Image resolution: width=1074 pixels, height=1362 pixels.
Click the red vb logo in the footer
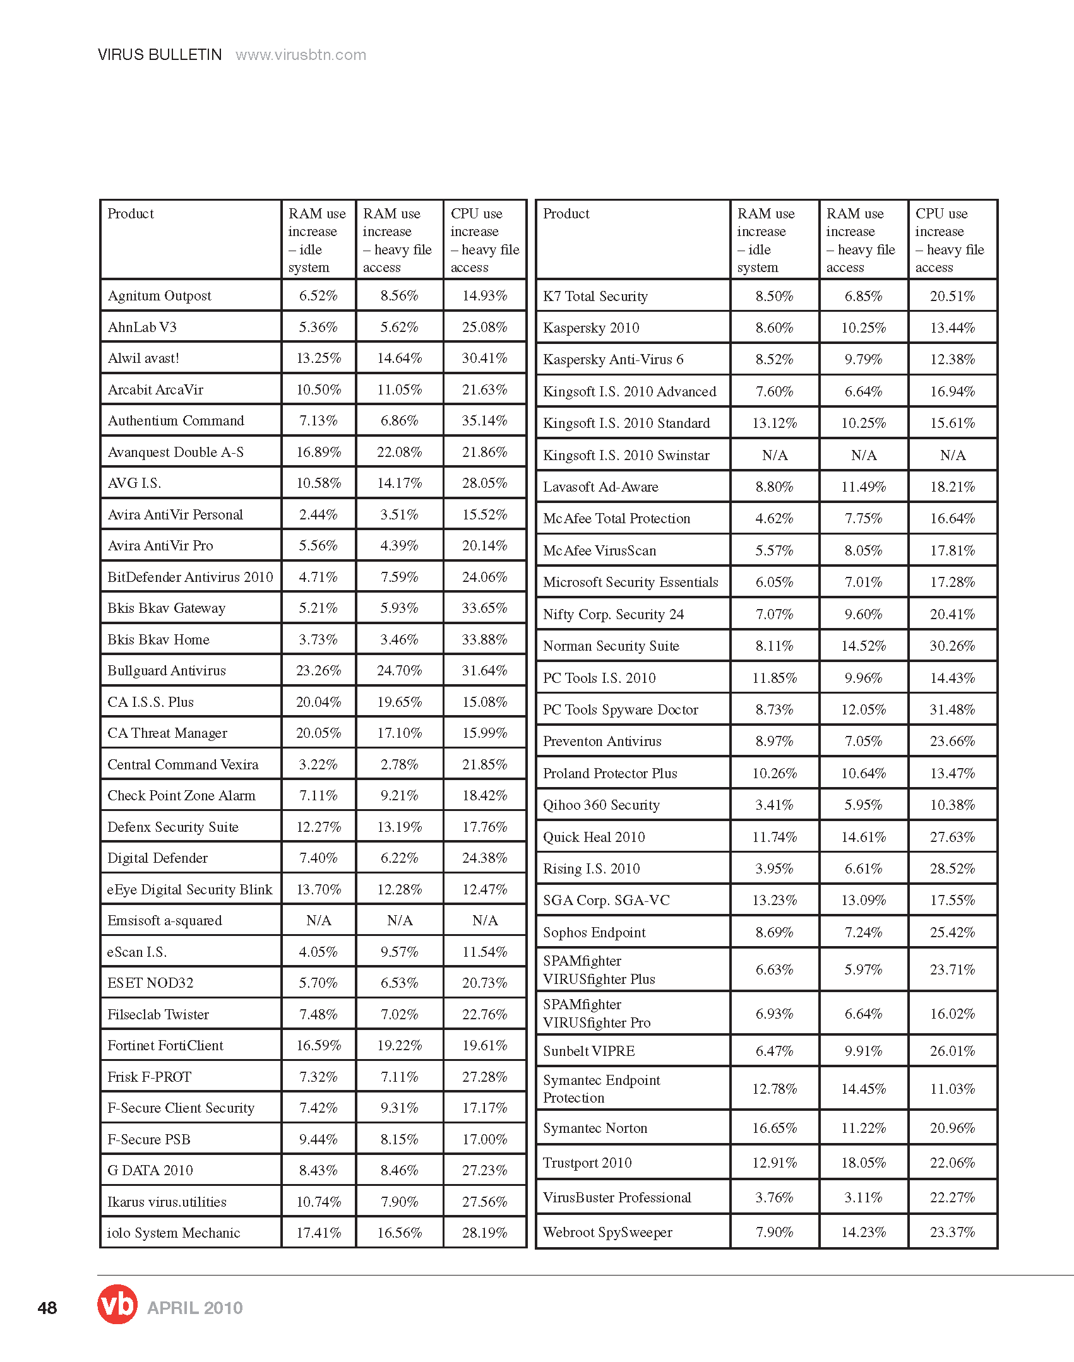click(117, 1304)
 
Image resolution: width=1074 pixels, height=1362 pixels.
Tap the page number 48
click(47, 1308)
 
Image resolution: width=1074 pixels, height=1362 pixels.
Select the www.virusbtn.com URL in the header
click(301, 55)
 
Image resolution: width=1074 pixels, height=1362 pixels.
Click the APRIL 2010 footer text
click(194, 1308)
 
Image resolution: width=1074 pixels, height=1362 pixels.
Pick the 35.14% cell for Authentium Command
click(484, 420)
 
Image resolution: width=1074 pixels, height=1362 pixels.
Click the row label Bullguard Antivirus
click(167, 670)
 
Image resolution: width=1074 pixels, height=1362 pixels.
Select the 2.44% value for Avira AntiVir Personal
click(318, 514)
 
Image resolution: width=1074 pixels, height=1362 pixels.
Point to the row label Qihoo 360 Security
click(601, 805)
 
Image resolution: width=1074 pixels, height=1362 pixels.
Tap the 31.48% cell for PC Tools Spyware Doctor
click(952, 709)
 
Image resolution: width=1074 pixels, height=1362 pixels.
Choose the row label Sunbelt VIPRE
click(589, 1051)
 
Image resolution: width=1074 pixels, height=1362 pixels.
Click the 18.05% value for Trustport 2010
click(863, 1163)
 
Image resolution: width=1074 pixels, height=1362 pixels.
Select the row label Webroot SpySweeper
click(607, 1232)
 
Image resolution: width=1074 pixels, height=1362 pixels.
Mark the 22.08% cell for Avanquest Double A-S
click(399, 452)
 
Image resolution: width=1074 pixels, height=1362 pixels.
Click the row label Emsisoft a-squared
click(165, 920)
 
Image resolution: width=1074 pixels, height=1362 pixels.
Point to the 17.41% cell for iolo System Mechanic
click(318, 1233)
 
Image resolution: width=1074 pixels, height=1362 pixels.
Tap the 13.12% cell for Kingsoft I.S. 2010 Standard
click(774, 423)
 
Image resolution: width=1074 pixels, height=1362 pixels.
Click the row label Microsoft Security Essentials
click(631, 582)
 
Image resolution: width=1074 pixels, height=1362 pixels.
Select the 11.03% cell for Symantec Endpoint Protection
click(952, 1089)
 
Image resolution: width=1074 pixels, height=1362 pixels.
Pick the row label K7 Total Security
click(595, 296)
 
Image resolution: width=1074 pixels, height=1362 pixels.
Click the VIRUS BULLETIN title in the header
click(160, 55)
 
